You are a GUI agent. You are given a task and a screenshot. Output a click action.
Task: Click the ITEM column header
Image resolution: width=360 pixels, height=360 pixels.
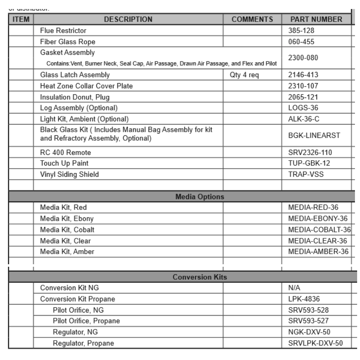(x=21, y=19)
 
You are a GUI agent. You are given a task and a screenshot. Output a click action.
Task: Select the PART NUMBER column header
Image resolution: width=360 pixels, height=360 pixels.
(x=316, y=19)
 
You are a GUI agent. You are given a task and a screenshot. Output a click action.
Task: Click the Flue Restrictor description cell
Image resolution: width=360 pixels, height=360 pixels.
(x=63, y=31)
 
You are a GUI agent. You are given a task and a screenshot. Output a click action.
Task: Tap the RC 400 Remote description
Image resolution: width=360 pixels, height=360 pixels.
(x=66, y=152)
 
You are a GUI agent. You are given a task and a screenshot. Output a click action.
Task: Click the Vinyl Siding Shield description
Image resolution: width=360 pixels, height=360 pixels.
(x=69, y=175)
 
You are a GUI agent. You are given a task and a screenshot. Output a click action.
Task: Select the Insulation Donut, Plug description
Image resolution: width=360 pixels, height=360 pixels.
(x=74, y=98)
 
